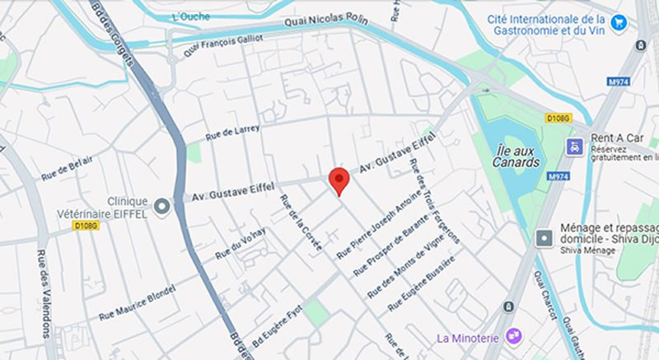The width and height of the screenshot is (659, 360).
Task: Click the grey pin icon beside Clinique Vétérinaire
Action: (x=161, y=207)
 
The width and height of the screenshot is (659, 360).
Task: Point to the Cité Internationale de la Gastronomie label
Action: (x=549, y=24)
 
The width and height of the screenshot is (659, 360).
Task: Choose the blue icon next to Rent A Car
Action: (x=573, y=146)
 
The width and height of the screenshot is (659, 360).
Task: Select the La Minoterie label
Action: (x=470, y=336)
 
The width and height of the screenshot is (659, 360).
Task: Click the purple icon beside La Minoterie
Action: (x=513, y=335)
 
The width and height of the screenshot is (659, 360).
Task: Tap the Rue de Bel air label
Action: (x=67, y=168)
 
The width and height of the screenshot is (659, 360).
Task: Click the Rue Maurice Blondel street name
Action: (x=138, y=303)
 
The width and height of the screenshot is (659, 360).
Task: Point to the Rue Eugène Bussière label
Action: (x=418, y=284)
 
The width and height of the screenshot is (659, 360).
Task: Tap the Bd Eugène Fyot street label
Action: (x=279, y=329)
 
